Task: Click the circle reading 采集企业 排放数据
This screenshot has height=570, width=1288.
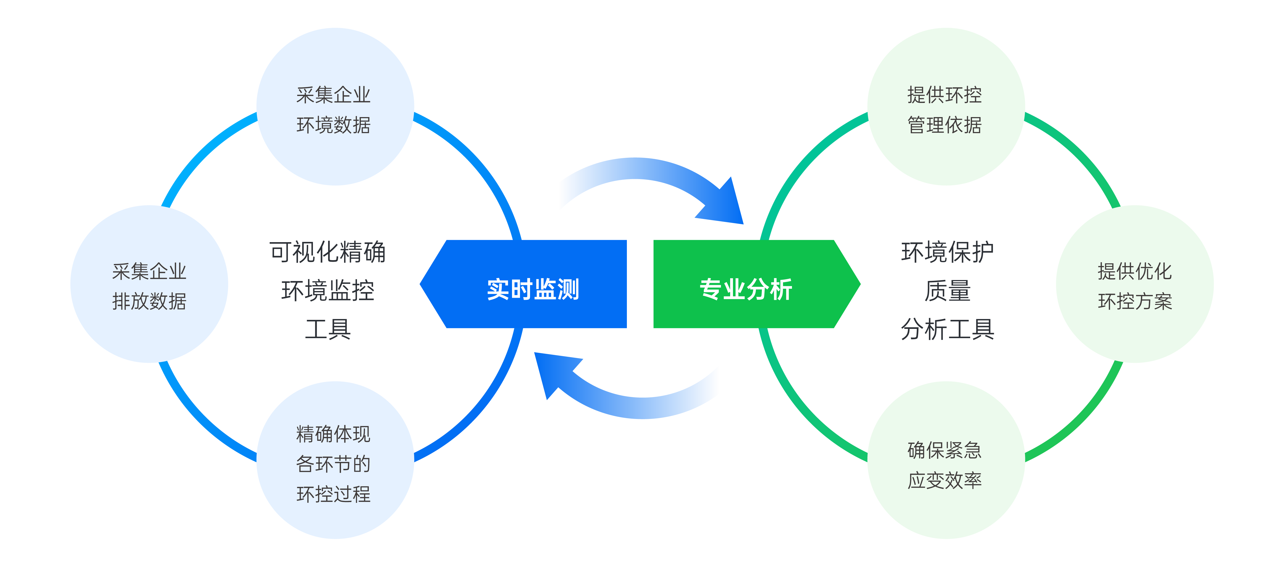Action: coord(149,284)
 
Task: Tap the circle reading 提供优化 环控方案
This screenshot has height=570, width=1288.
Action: coord(1135,284)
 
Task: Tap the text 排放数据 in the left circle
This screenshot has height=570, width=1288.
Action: coord(149,301)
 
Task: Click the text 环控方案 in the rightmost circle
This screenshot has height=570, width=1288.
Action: coord(1135,301)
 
